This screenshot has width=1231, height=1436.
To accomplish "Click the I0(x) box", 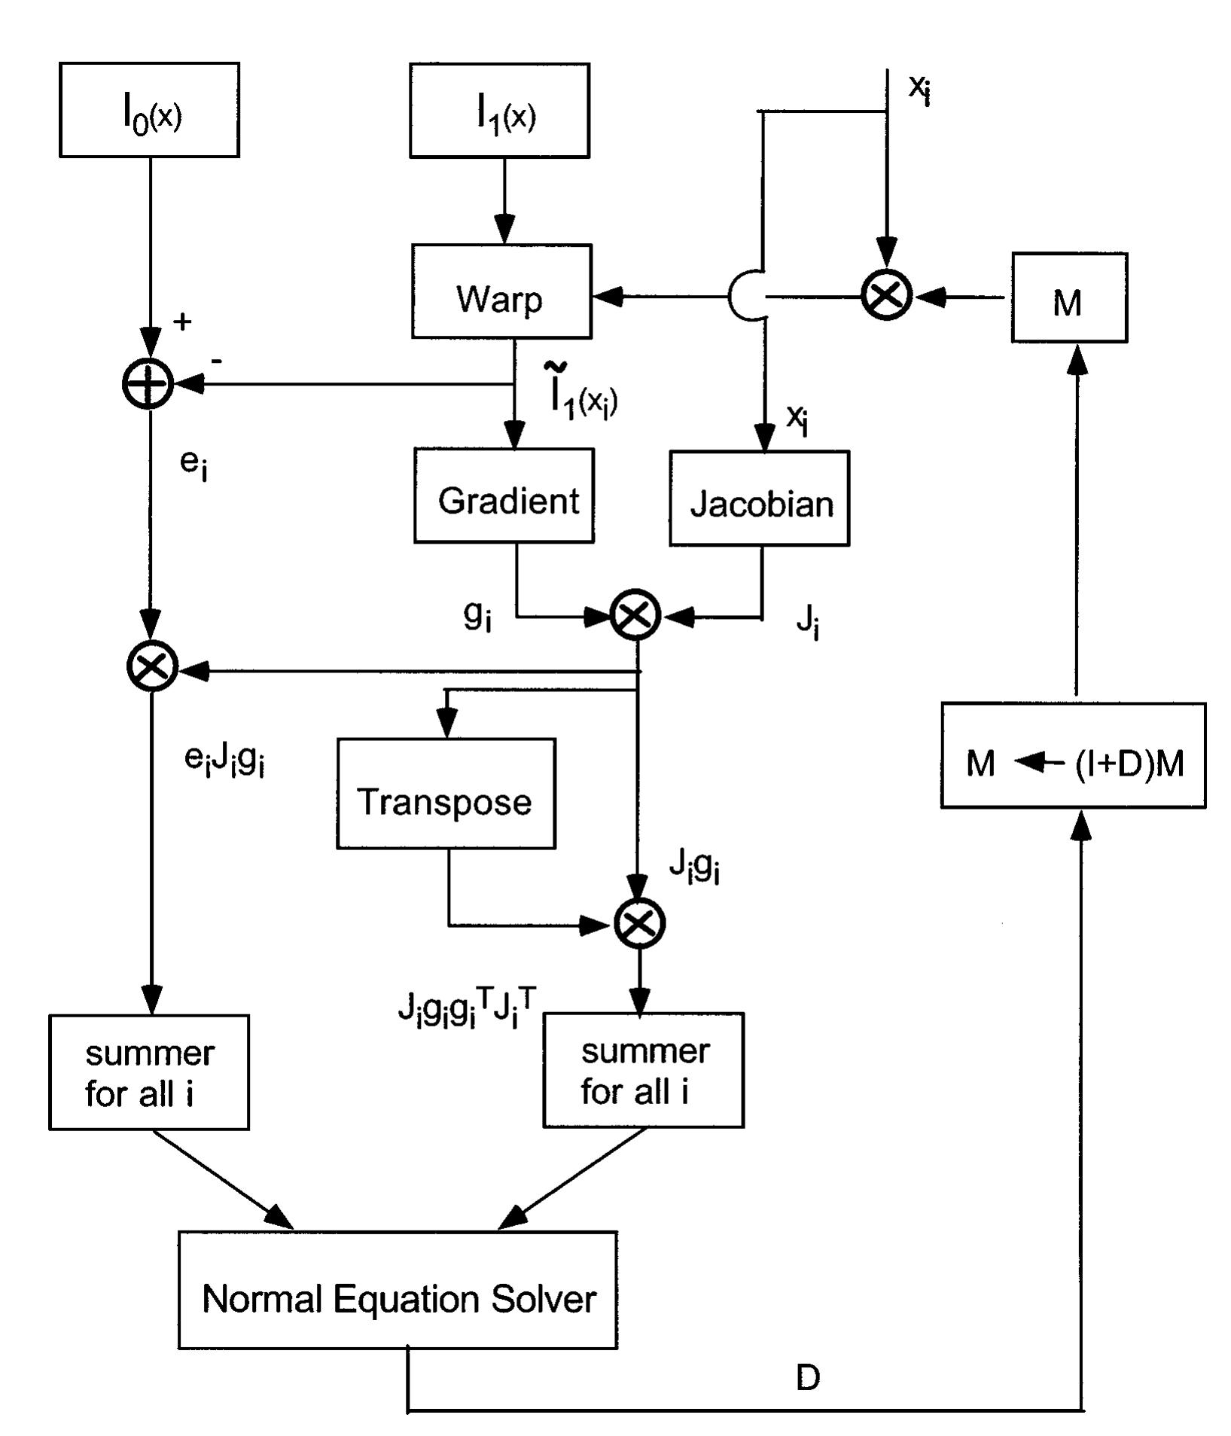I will click(x=149, y=110).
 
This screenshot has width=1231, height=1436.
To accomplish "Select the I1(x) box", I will click(x=499, y=110).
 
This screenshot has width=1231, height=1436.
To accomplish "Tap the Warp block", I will click(x=501, y=291).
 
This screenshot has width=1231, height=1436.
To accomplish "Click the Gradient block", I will click(x=504, y=495).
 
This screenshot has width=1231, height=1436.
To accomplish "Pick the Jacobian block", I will click(x=759, y=498).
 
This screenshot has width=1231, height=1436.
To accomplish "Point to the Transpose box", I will click(x=446, y=794).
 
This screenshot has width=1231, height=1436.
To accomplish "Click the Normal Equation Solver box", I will click(x=398, y=1300).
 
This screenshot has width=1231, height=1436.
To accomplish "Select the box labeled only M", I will click(x=1068, y=298).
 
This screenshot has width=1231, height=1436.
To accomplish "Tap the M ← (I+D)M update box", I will click(x=1073, y=756).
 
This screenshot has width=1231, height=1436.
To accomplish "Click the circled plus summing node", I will click(x=148, y=384).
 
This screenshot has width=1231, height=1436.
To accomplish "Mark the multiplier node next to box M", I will click(x=887, y=295).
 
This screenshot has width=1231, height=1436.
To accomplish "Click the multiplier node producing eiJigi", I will click(x=152, y=666).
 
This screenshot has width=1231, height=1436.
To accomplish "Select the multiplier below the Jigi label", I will click(x=639, y=923).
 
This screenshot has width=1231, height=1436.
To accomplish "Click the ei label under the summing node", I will click(x=193, y=464).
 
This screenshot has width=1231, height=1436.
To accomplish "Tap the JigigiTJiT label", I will click(x=467, y=1009).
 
